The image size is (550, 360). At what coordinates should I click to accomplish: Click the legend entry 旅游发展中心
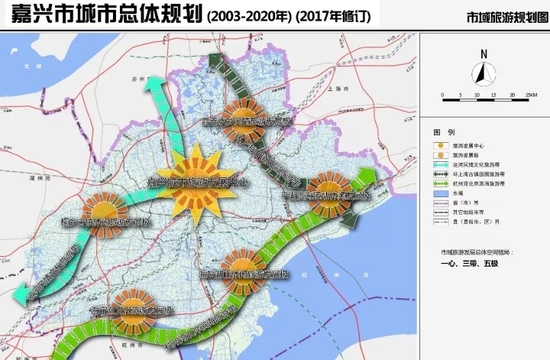pos(476,147)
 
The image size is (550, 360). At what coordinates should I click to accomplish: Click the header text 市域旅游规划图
pos(503,18)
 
